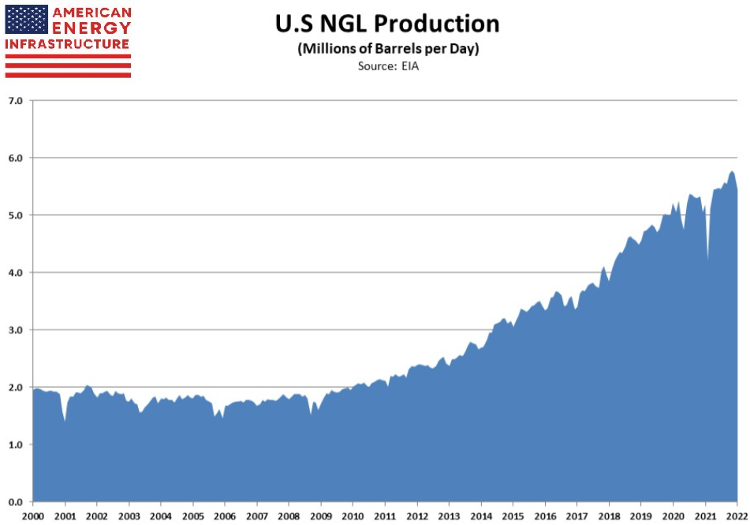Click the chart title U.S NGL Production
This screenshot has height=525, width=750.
click(387, 24)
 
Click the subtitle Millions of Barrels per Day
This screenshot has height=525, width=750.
click(387, 49)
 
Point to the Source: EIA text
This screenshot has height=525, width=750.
click(387, 65)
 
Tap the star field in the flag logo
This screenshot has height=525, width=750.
click(26, 19)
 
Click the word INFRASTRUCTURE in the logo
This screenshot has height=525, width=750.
click(67, 44)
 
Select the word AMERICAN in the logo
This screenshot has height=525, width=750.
click(91, 13)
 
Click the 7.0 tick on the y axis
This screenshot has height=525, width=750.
click(16, 100)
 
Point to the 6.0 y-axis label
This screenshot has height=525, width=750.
click(16, 158)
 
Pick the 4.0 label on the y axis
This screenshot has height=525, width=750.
click(16, 272)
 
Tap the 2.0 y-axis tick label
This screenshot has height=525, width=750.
click(16, 387)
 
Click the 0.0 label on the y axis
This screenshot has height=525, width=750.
click(16, 502)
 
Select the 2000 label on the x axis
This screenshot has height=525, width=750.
click(32, 516)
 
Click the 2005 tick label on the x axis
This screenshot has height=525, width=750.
click(192, 516)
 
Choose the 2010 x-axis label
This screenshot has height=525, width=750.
click(353, 516)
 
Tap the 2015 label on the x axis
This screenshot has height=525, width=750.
click(513, 516)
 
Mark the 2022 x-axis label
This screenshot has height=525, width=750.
click(737, 516)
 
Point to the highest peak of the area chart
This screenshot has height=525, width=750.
click(732, 172)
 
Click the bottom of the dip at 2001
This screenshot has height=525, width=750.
click(65, 420)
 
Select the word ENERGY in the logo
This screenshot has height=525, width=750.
click(91, 28)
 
